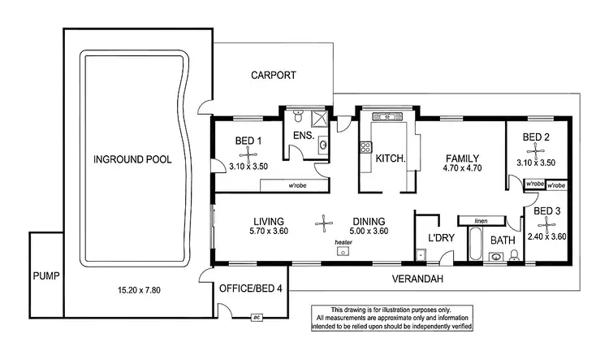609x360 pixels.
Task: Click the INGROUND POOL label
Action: [x=132, y=159]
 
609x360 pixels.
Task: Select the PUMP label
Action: [x=45, y=275]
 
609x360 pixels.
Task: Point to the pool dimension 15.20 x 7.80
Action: [x=132, y=290]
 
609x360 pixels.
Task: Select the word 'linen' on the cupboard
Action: [x=481, y=220]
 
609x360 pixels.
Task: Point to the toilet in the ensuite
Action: [x=298, y=115]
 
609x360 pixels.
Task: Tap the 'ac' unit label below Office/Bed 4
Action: [x=257, y=316]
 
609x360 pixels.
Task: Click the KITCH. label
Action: [x=391, y=158]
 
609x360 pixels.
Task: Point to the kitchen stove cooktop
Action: [x=365, y=147]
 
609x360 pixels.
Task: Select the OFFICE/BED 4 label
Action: [x=251, y=288]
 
